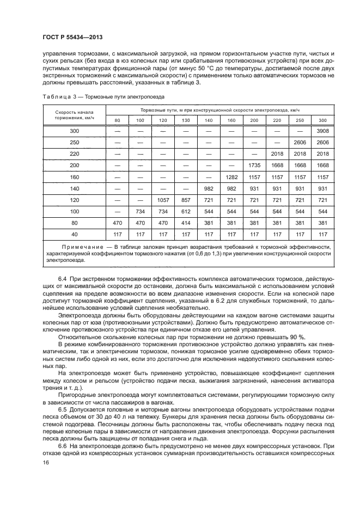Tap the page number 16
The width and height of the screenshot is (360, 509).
(46, 462)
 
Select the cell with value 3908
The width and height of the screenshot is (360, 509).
(322, 131)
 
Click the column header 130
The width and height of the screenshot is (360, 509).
(186, 120)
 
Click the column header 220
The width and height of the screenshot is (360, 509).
(277, 120)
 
